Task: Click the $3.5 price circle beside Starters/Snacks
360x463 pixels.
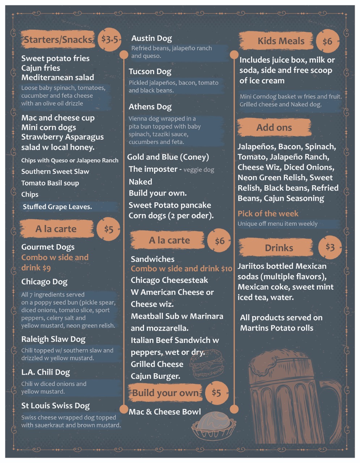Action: coord(110,39)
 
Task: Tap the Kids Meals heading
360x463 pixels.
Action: coord(281,41)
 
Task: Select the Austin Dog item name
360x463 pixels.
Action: coord(151,38)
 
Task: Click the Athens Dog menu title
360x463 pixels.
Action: coord(150,107)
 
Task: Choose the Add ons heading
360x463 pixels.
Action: coord(274,128)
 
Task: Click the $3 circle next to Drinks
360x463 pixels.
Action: coord(330,247)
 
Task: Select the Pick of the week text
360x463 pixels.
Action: coord(268,213)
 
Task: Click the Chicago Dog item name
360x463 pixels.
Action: coord(44,282)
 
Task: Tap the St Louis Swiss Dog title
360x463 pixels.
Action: coord(55,406)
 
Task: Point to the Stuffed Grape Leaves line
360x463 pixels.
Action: coord(57,207)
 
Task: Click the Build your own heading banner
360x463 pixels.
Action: coord(165,393)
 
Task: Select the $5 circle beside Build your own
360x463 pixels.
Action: coord(216,393)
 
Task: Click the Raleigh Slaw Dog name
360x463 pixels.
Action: coord(53,339)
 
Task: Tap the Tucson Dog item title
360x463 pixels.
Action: coord(150,72)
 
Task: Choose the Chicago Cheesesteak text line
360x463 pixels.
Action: coord(169,280)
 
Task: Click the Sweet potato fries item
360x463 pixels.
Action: coord(55,59)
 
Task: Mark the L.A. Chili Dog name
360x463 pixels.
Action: coord(45,372)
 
